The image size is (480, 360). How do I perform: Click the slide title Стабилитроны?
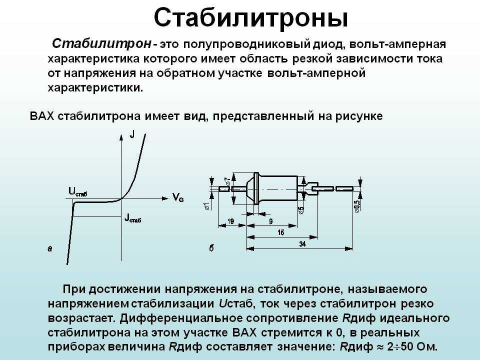tap(250, 18)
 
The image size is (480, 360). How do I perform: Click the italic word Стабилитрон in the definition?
tap(101, 44)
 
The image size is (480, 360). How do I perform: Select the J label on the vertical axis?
tap(132, 134)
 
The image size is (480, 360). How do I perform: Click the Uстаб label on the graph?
tap(78, 192)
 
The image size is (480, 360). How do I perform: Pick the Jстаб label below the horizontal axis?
tap(133, 218)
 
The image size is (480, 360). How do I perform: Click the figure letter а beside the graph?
tap(50, 248)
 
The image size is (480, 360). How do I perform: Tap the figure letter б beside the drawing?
tap(211, 248)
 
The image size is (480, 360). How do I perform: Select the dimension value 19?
tap(231, 221)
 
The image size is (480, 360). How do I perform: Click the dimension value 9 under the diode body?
tap(270, 221)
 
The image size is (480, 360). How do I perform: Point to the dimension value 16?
tap(280, 232)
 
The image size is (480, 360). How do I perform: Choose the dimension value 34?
tap(302, 244)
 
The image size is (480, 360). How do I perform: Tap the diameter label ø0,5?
tap(356, 205)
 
